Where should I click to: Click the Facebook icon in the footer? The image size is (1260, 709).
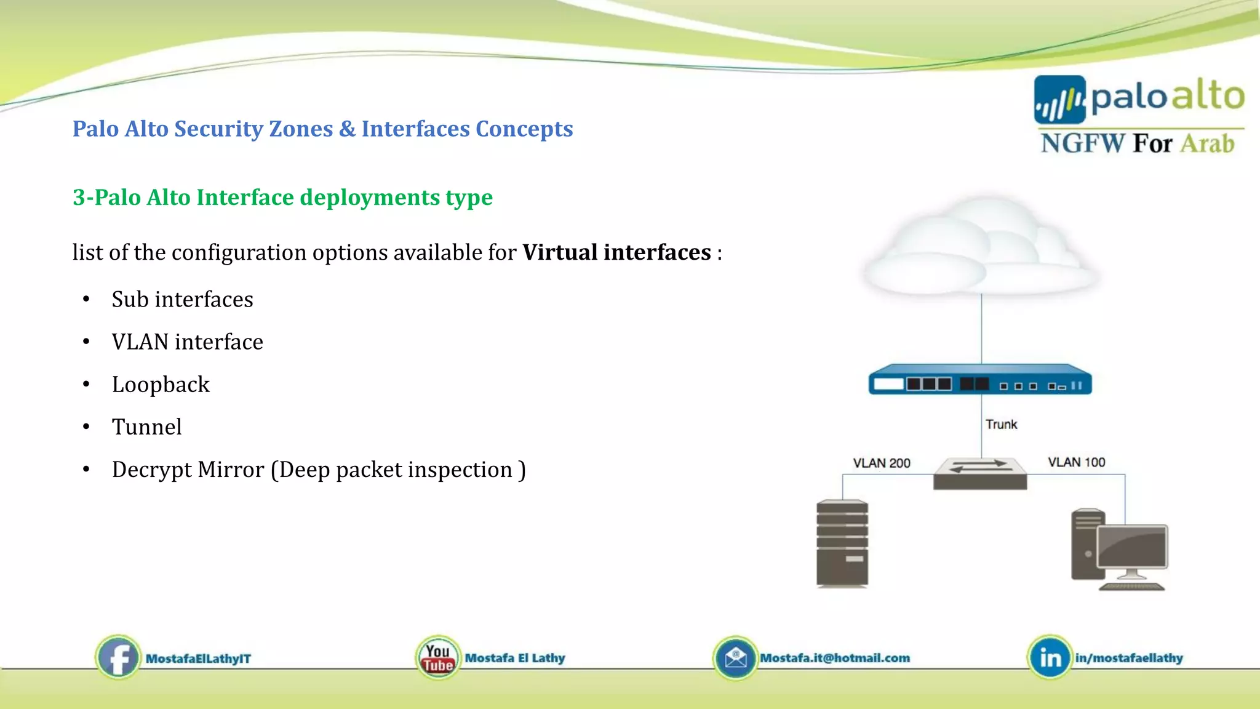(118, 657)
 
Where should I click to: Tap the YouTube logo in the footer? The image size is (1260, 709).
(437, 657)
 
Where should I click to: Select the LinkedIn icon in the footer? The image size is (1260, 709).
(1050, 657)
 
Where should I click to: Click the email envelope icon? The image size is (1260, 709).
(735, 658)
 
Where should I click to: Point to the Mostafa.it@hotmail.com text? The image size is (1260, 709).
(835, 658)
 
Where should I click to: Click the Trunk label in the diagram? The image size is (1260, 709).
(1001, 424)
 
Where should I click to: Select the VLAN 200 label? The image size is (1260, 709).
(881, 463)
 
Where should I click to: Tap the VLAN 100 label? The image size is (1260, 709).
(1076, 462)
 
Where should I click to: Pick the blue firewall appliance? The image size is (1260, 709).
(979, 380)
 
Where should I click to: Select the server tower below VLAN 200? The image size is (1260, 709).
(842, 543)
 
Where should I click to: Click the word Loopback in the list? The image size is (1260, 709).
(161, 385)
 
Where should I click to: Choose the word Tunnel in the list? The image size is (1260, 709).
(146, 427)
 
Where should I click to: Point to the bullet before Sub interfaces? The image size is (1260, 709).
(86, 300)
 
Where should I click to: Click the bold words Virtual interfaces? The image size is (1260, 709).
(616, 252)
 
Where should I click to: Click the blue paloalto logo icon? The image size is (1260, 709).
(1059, 99)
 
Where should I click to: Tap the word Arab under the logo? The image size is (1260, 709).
(1207, 143)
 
